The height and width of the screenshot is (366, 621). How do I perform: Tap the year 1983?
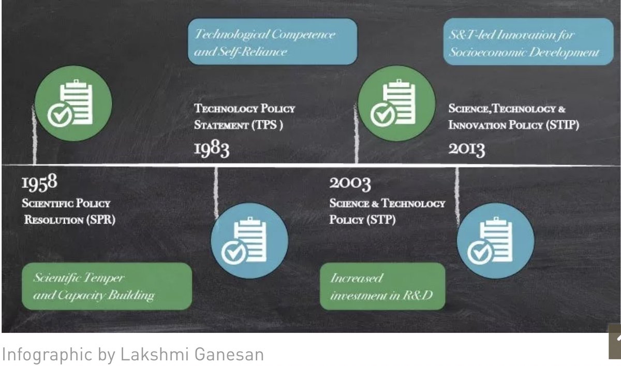coord(211,149)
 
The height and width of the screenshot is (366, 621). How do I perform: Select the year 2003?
coord(350,183)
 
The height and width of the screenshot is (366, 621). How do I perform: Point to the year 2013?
coord(466,149)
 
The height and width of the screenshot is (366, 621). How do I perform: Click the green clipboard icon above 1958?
coord(73,103)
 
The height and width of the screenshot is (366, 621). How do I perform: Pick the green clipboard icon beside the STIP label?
coord(396,104)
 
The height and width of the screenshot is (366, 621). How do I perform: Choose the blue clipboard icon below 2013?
coord(495,241)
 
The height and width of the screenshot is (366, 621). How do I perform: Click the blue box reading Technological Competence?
coord(272,42)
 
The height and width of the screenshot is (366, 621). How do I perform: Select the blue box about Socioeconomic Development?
coord(528,42)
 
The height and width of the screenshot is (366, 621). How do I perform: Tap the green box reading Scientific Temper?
coord(107,286)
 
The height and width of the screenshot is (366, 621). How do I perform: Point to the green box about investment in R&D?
coord(382,286)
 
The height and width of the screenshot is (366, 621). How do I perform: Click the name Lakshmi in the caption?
coord(146,355)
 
